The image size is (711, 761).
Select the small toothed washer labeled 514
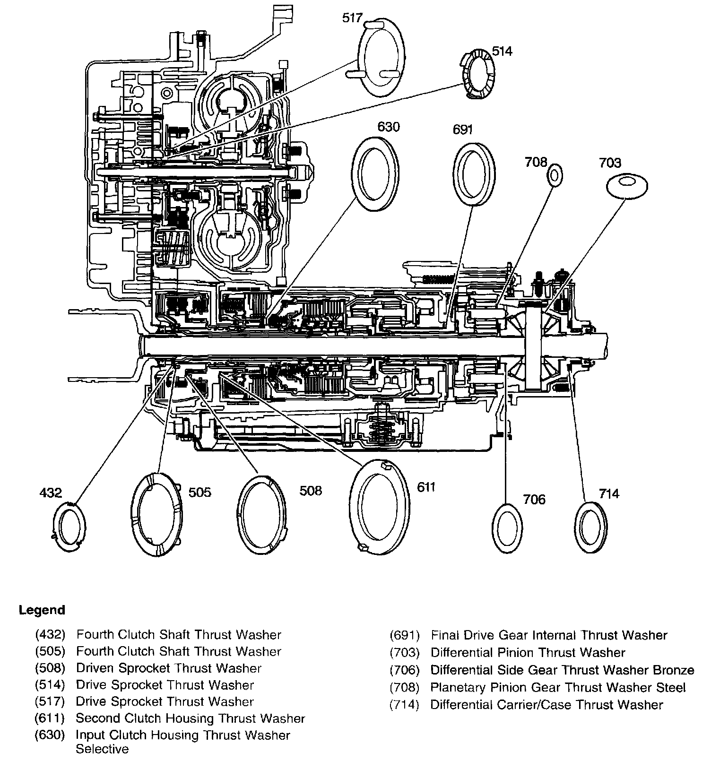pyautogui.click(x=477, y=73)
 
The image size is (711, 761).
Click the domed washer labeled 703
pyautogui.click(x=626, y=186)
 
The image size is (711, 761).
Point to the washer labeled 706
pyautogui.click(x=508, y=528)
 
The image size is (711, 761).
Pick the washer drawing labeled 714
pyautogui.click(x=591, y=527)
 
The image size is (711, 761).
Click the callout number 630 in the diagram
pyautogui.click(x=388, y=127)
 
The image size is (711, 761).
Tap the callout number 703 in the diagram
pyautogui.click(x=610, y=163)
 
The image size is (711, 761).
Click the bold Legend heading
pyautogui.click(x=42, y=610)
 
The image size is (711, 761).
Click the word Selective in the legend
pyautogui.click(x=102, y=749)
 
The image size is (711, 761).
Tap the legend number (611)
pyautogui.click(x=49, y=718)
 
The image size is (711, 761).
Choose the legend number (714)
pyautogui.click(x=404, y=705)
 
